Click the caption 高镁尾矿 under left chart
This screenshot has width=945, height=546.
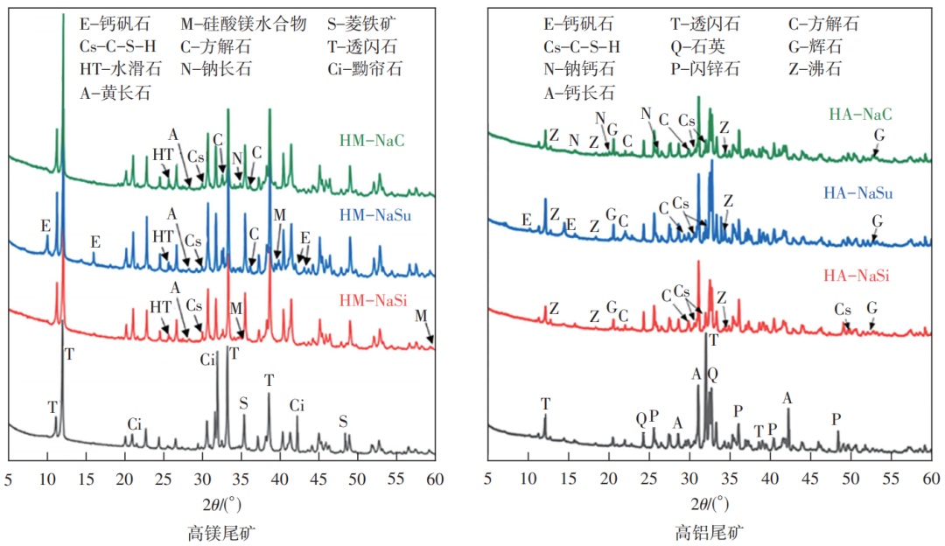[x=221, y=530]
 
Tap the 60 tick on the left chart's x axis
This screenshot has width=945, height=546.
[x=435, y=479]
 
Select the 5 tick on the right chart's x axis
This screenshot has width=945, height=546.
[x=488, y=479]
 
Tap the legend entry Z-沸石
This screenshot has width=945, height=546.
[x=822, y=67]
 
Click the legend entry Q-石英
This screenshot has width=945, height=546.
[x=696, y=45]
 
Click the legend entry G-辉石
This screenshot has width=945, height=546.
[x=822, y=45]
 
